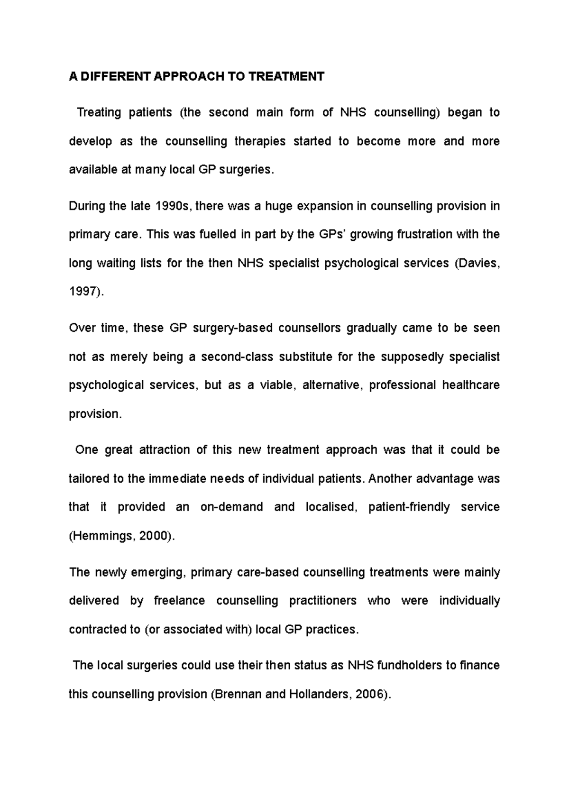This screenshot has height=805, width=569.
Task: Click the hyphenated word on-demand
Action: click(231, 507)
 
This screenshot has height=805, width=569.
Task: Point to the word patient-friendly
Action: click(409, 507)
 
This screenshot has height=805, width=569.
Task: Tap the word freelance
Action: click(179, 601)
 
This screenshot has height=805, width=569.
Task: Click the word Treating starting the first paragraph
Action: click(99, 113)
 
